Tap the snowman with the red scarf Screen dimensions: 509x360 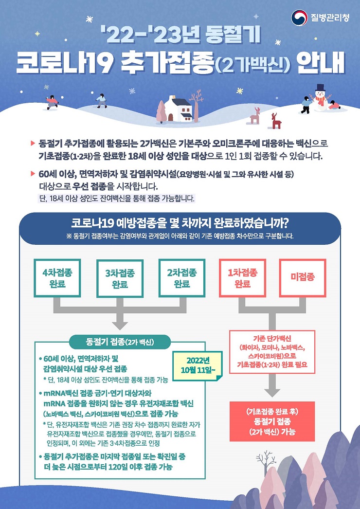320,99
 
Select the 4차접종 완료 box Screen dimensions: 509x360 57,278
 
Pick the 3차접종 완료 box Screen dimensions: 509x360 120,278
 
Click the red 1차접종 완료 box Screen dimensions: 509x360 242,278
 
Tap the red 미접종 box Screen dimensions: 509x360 303,278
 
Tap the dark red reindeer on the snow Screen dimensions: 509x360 276,121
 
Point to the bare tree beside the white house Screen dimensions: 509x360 197,105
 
